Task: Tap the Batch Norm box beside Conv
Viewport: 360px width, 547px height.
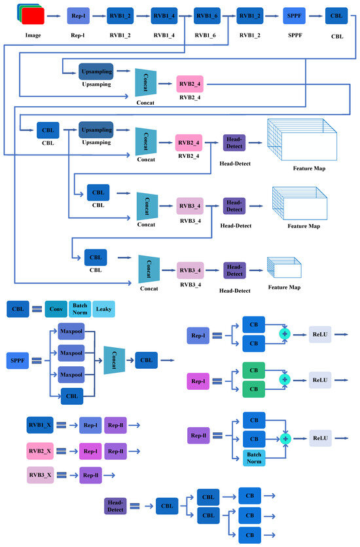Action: [x=81, y=309]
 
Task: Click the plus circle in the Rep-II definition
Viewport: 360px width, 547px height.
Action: [x=285, y=438]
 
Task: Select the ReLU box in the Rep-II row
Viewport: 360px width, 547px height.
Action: [x=320, y=438]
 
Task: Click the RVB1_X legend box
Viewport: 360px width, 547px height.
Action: [x=40, y=424]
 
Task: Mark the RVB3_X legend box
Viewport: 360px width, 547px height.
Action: [x=40, y=476]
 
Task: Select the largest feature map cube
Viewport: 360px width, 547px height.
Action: [x=302, y=140]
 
